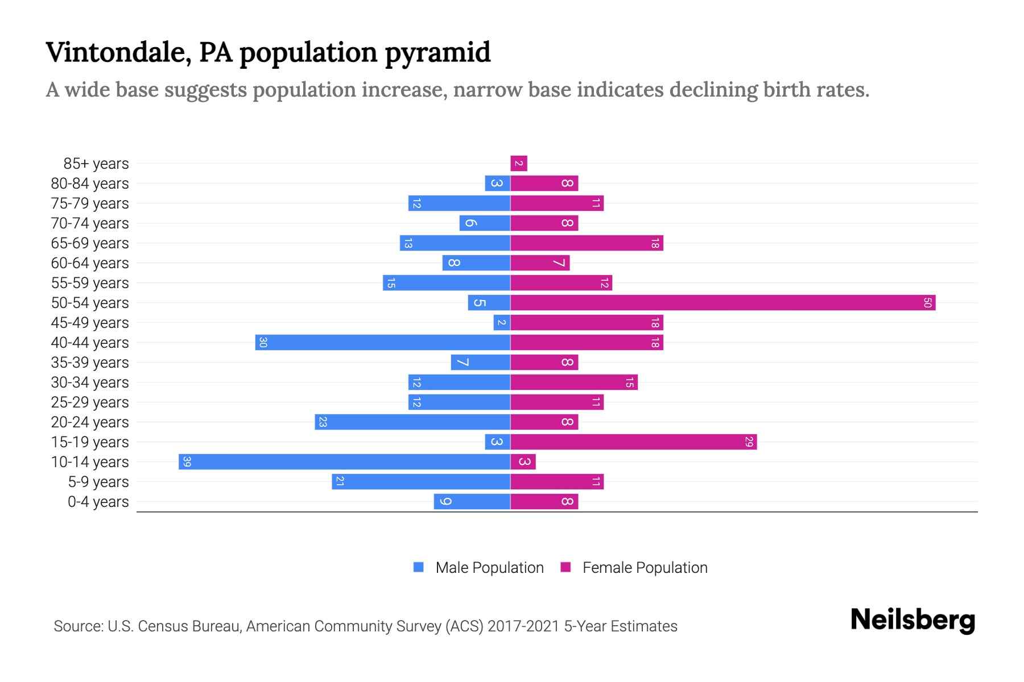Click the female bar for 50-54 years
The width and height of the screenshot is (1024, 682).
click(722, 303)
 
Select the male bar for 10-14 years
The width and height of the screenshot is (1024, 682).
click(344, 462)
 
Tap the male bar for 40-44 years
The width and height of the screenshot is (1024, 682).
click(382, 343)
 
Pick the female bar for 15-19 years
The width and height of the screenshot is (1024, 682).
click(633, 442)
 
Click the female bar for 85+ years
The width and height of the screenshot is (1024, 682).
click(519, 164)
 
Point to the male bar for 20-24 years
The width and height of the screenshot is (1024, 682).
click(412, 422)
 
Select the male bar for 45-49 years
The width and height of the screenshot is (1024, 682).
click(502, 323)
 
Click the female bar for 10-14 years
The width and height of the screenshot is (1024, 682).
click(523, 462)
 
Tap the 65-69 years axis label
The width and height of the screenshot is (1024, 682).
click(90, 243)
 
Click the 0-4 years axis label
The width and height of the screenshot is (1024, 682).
click(98, 502)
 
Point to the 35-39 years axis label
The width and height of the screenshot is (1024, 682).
click(90, 363)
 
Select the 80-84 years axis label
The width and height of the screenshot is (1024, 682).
click(90, 184)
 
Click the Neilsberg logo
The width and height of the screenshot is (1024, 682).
click(912, 620)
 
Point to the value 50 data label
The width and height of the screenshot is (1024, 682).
click(927, 303)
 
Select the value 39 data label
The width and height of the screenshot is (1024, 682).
click(187, 462)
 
